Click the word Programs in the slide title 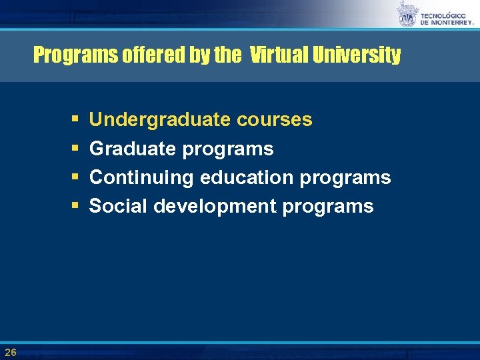(x=76, y=55)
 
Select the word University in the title (x=358, y=55)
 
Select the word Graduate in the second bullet (x=131, y=149)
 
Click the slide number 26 (x=10, y=351)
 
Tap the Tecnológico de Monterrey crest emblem (x=407, y=15)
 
